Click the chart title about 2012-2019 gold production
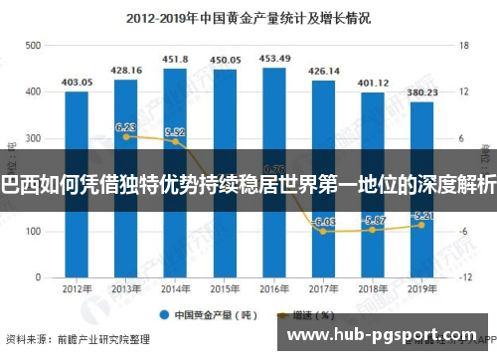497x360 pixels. (x=248, y=17)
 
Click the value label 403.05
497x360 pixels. (x=77, y=83)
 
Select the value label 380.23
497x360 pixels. (x=421, y=92)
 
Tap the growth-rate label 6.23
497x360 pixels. (x=125, y=127)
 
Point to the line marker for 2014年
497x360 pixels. (x=175, y=141)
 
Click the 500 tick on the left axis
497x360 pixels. (x=34, y=46)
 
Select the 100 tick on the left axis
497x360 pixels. (x=34, y=232)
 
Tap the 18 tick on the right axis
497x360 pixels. (x=462, y=46)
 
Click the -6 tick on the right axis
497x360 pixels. (x=462, y=232)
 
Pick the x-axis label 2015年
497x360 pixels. (x=225, y=289)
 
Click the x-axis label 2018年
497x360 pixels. (x=373, y=289)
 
